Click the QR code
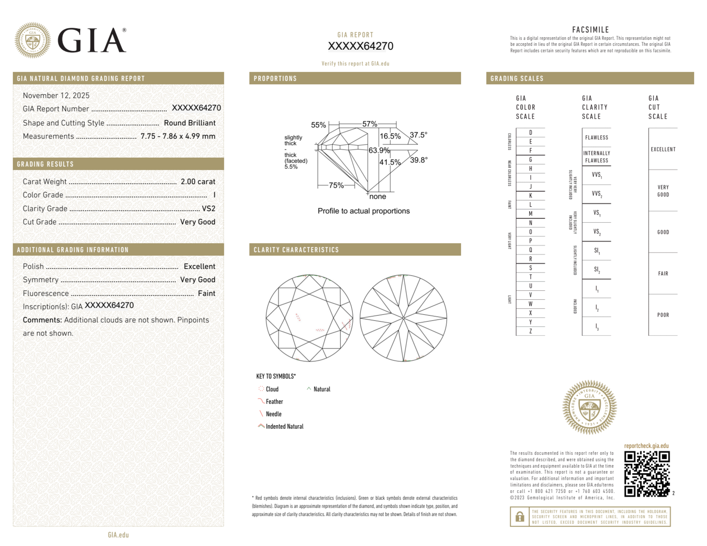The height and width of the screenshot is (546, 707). point(647,474)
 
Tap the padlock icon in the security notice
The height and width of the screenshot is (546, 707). point(519,517)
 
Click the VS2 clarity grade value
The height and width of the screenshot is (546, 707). point(208,209)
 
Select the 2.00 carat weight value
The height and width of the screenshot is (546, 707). point(198,182)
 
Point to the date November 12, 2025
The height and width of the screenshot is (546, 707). point(56,95)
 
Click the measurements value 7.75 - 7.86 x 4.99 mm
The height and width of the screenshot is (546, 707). point(178,136)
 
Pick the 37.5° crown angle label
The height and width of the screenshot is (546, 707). point(418,135)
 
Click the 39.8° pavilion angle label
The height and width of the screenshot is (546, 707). point(419,160)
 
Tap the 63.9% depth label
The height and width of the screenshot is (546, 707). point(379,150)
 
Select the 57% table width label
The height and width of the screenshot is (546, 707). point(370,124)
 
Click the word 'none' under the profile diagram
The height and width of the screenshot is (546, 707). point(377,197)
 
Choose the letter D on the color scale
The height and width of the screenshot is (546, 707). point(530,132)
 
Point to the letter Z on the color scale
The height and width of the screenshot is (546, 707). point(530,331)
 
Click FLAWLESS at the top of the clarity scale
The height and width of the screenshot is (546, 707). point(596,137)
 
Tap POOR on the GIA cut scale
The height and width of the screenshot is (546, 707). point(663,315)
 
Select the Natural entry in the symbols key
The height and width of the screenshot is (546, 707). point(322,389)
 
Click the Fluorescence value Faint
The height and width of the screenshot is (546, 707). point(206,293)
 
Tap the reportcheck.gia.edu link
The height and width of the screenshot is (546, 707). point(646,446)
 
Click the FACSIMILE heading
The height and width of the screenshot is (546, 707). point(590,30)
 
